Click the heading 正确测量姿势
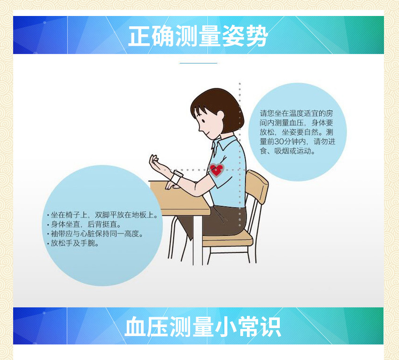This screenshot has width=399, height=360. [198, 36]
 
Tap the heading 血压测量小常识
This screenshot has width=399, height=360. [203, 327]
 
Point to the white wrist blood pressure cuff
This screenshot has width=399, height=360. [176, 177]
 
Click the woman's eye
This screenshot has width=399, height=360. [203, 121]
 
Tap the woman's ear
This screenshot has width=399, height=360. [220, 117]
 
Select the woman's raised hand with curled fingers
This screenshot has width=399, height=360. [156, 163]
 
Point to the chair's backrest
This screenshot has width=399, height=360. [257, 186]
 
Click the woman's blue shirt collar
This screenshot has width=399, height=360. [224, 143]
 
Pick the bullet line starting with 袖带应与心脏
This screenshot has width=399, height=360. [95, 234]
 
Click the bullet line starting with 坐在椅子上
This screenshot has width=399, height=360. [102, 215]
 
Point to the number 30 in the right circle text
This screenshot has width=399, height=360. [280, 141]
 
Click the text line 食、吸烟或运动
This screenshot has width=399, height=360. [288, 151]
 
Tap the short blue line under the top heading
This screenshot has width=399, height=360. [199, 63]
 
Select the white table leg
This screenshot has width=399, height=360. [198, 240]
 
